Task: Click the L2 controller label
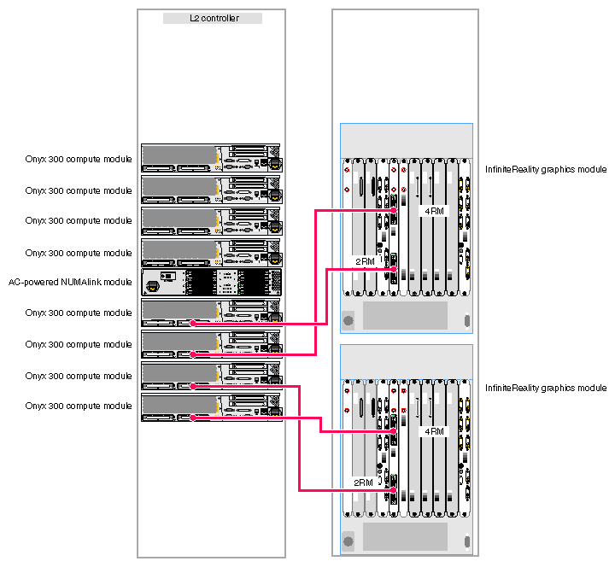pyautogui.click(x=213, y=18)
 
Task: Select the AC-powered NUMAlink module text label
pyautogui.click(x=71, y=282)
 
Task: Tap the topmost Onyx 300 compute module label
pyautogui.click(x=79, y=159)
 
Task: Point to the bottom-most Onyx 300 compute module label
pyautogui.click(x=79, y=406)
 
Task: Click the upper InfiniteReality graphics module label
pyautogui.click(x=545, y=170)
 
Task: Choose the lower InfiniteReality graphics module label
pyautogui.click(x=545, y=388)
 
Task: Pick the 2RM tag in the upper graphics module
pyautogui.click(x=364, y=261)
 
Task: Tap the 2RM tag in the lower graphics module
pyautogui.click(x=364, y=482)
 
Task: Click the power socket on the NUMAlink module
pyautogui.click(x=154, y=286)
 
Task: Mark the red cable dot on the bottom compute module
pyautogui.click(x=194, y=417)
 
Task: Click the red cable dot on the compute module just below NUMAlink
pyautogui.click(x=194, y=323)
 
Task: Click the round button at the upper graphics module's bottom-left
pyautogui.click(x=348, y=321)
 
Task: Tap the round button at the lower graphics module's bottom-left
pyautogui.click(x=348, y=541)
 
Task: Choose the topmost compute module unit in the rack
pyautogui.click(x=211, y=158)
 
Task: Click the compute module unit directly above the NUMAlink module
pyautogui.click(x=211, y=253)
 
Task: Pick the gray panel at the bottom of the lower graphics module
pyautogui.click(x=405, y=536)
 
